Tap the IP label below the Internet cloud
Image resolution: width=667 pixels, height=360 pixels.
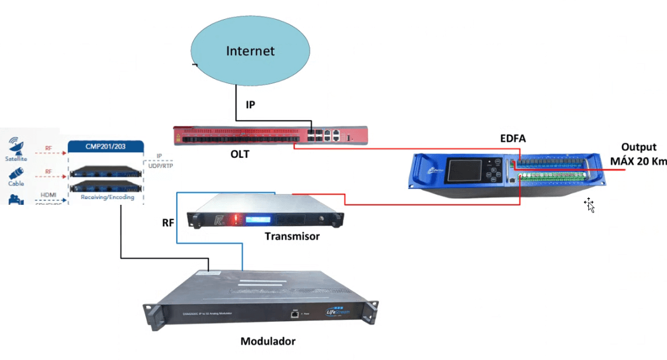click(x=251, y=104)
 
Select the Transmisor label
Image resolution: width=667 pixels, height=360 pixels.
click(x=292, y=237)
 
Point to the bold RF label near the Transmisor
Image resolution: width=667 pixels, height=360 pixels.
click(x=168, y=223)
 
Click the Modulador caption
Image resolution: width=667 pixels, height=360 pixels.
click(x=268, y=342)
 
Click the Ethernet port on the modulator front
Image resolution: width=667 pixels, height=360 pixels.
click(x=294, y=313)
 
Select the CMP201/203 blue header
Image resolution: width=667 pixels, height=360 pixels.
click(x=105, y=147)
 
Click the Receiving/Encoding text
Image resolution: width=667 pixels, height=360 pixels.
click(x=106, y=198)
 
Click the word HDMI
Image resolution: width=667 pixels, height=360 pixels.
click(x=48, y=195)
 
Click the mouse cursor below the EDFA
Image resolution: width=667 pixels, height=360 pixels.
click(x=590, y=205)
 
